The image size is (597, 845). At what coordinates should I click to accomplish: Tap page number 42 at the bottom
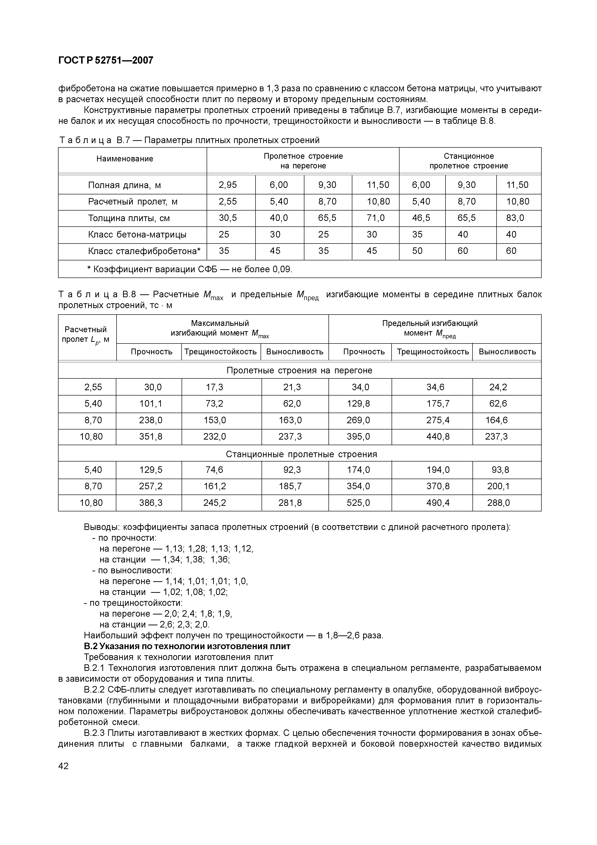coord(63,766)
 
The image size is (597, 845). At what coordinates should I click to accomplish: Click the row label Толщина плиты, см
coord(129,218)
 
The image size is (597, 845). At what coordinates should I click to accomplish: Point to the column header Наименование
coord(125,159)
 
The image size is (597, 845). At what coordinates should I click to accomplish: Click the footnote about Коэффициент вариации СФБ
coord(190,269)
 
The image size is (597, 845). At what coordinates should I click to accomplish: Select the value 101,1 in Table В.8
coord(151,404)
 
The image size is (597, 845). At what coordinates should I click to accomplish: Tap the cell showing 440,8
coord(438,437)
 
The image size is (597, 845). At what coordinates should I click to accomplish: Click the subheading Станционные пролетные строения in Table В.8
coord(301,454)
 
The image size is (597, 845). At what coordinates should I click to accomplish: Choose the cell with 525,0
coord(358,503)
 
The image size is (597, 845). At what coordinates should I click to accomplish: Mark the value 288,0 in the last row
coord(499,503)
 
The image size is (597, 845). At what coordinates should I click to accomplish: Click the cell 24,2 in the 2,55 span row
coord(498,387)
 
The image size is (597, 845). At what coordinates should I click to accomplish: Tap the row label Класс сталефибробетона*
coord(144,251)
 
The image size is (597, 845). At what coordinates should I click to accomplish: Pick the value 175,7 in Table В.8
coord(438,404)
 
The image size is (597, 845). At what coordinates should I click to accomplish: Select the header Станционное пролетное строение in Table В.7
coord(469,161)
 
